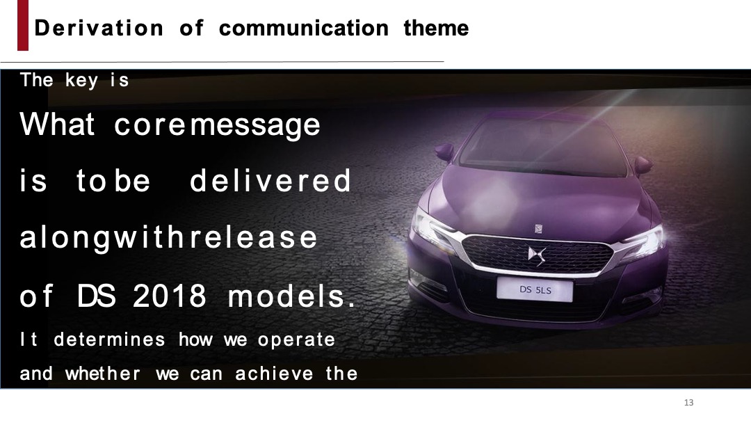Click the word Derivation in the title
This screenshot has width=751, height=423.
[99, 29]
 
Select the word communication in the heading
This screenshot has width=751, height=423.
[303, 29]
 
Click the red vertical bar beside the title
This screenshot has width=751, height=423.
[23, 26]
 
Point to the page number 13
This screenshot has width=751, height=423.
[689, 403]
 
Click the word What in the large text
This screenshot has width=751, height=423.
[57, 125]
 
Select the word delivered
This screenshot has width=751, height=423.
[270, 182]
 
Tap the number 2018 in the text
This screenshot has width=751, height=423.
[170, 297]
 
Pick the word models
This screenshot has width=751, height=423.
[291, 297]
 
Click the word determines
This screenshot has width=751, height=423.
[109, 340]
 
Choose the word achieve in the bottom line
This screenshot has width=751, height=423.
[274, 374]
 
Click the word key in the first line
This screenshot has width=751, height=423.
[81, 81]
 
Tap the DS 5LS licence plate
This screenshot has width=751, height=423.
[535, 289]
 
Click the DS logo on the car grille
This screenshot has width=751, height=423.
[537, 255]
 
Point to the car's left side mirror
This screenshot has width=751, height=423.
[444, 151]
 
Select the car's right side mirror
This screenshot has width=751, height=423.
[643, 165]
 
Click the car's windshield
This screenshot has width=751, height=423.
[542, 146]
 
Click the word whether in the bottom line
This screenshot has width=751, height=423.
[102, 374]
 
